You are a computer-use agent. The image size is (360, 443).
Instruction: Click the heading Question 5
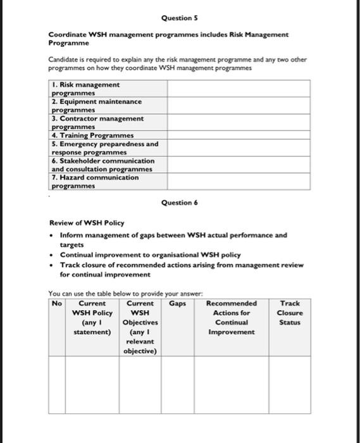tap(180, 18)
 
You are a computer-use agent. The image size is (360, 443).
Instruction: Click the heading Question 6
tap(180, 203)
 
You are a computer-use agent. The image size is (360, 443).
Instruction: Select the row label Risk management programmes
tap(85, 89)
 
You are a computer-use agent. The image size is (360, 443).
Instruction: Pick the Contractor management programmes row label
tap(97, 122)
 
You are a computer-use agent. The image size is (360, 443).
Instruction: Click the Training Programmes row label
tap(92, 135)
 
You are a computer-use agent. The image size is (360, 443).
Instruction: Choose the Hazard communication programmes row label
tap(95, 182)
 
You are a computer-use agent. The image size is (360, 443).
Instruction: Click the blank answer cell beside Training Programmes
tap(239, 135)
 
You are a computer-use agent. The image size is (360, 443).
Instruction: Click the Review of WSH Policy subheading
tap(87, 223)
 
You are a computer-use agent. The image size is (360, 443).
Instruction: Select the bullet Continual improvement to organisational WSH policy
tap(150, 254)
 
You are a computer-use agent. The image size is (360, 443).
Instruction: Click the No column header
tap(58, 304)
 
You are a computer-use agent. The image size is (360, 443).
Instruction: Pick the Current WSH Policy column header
tap(92, 318)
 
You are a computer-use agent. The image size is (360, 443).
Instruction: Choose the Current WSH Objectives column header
tap(140, 327)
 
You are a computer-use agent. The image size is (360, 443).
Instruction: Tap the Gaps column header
tap(177, 304)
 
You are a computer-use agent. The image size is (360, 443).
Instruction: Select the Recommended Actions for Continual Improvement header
tap(232, 318)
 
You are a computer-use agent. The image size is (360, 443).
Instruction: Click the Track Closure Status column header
tap(290, 313)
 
